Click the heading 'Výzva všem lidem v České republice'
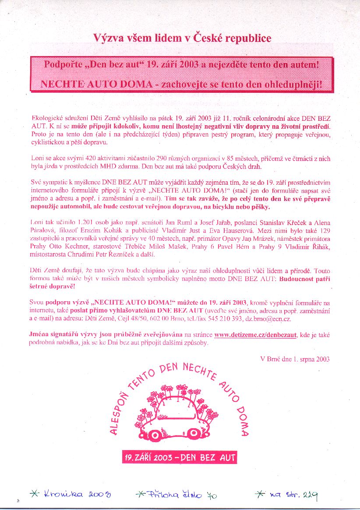tap(182, 38)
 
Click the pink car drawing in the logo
tap(179, 414)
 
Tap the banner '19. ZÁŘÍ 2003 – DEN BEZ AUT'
tap(180, 457)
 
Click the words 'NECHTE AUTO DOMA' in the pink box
tap(96, 84)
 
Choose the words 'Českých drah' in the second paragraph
tap(243, 167)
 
